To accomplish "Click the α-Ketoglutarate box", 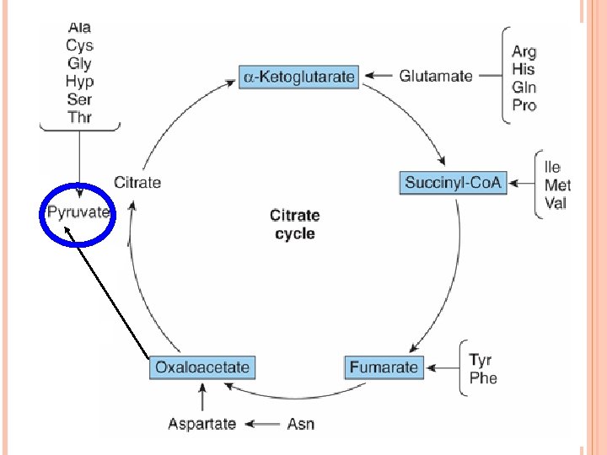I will (x=299, y=78).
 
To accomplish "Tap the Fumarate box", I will (x=384, y=367).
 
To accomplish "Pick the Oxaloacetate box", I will (x=202, y=367).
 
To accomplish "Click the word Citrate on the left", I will (x=137, y=182).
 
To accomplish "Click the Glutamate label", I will (x=436, y=76).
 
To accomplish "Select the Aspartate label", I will (x=201, y=424).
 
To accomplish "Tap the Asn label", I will (x=300, y=424).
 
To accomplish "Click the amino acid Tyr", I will (x=481, y=361).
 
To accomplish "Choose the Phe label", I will (x=483, y=378).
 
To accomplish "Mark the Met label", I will (x=557, y=185).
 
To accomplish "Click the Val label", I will (x=556, y=203).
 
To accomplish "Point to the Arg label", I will (x=524, y=52).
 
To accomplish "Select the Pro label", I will (x=524, y=105).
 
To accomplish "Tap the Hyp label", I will (x=79, y=81).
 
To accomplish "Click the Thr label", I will (x=78, y=117).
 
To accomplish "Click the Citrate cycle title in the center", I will (x=294, y=224).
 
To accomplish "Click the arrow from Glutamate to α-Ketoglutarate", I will (x=380, y=77).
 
